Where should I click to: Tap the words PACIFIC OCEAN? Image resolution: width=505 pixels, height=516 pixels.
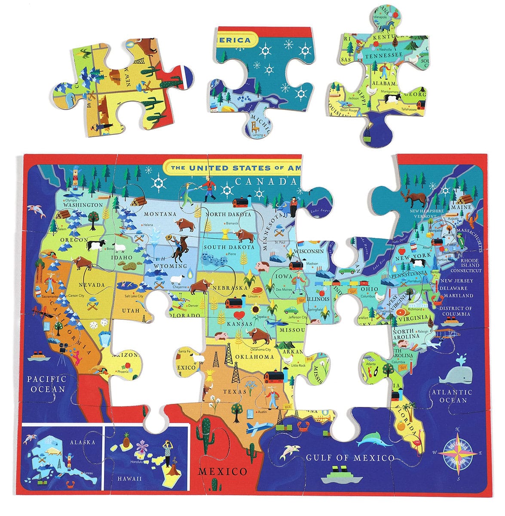click(x=46, y=384)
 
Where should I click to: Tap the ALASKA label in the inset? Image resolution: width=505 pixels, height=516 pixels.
click(x=82, y=442)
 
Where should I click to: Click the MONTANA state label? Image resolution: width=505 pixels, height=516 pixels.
click(x=160, y=214)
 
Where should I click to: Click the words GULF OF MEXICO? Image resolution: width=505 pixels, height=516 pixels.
click(x=350, y=458)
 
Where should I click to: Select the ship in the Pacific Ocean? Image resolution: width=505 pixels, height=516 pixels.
click(x=37, y=356)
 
